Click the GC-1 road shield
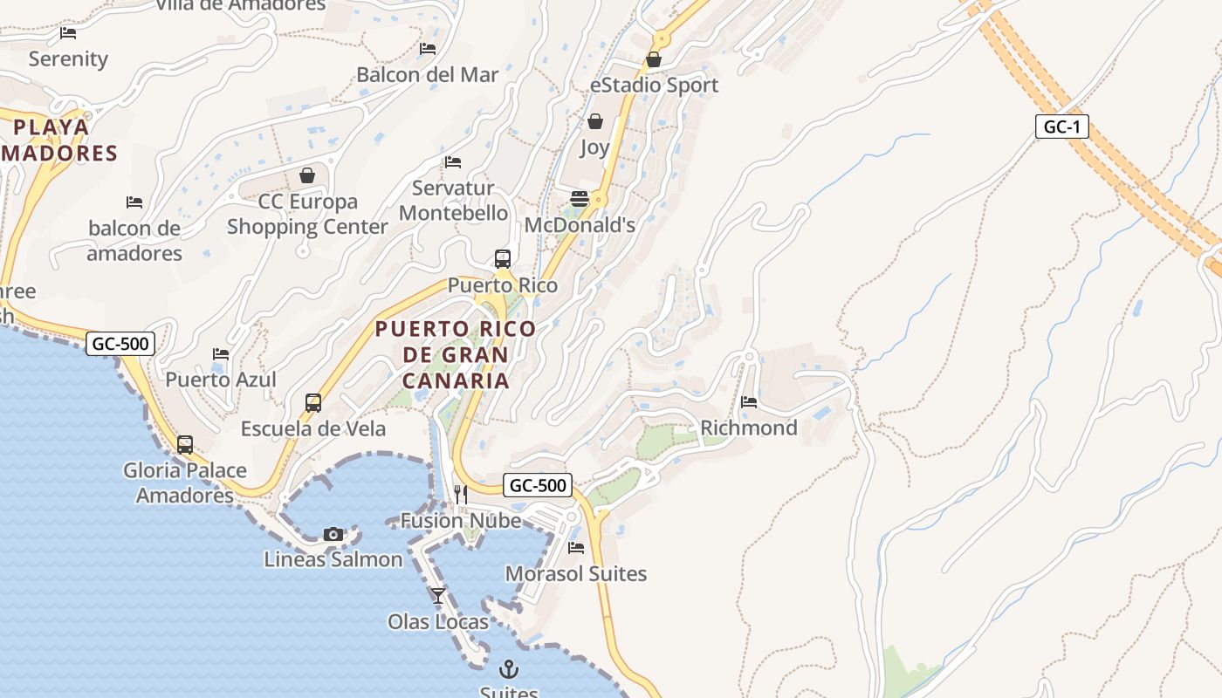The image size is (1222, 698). pyautogui.click(x=1062, y=127)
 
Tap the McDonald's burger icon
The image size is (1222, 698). pyautogui.click(x=580, y=199)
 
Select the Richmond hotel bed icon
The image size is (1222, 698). pyautogui.click(x=749, y=402)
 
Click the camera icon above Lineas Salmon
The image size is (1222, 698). pyautogui.click(x=333, y=534)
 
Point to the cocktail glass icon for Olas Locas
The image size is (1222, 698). pyautogui.click(x=438, y=596)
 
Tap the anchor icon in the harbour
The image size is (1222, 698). pyautogui.click(x=508, y=669)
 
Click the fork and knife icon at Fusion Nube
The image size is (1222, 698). pyautogui.click(x=461, y=495)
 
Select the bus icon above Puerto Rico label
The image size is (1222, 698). pyautogui.click(x=503, y=259)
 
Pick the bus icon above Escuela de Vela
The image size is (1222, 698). pyautogui.click(x=313, y=403)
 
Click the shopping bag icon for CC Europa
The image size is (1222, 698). pyautogui.click(x=307, y=175)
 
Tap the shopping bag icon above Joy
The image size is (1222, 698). pyautogui.click(x=595, y=121)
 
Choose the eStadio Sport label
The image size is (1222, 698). pyautogui.click(x=654, y=85)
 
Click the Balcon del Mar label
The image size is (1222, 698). pyautogui.click(x=428, y=74)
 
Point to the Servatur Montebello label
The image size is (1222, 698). pyautogui.click(x=453, y=201)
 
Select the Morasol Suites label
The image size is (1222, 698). pyautogui.click(x=576, y=573)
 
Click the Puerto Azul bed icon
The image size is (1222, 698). pyautogui.click(x=221, y=354)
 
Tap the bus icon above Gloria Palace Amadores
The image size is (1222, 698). pyautogui.click(x=185, y=444)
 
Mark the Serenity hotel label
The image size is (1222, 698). pyautogui.click(x=68, y=59)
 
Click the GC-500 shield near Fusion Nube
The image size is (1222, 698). pyautogui.click(x=538, y=485)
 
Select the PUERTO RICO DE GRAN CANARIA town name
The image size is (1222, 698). pyautogui.click(x=456, y=354)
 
